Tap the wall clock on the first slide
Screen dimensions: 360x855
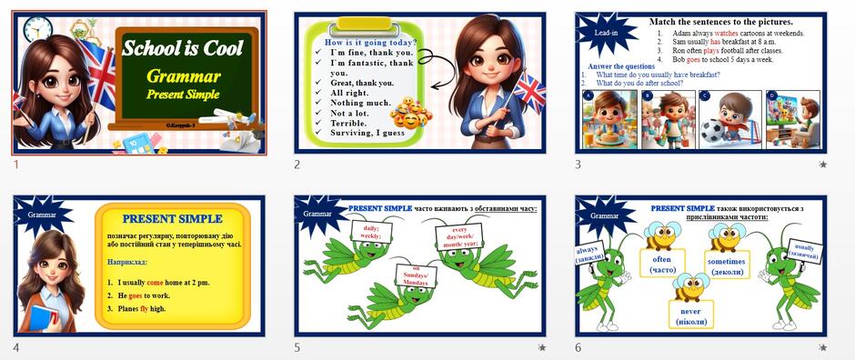pos(35,31)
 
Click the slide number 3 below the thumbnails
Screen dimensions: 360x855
pos(577,165)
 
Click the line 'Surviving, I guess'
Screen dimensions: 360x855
pos(367,133)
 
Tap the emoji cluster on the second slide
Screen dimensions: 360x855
pos(409,114)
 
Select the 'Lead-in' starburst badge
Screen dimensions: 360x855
pos(608,34)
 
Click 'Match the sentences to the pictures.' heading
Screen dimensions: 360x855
pos(720,21)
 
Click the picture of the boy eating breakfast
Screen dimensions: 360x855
pos(607,119)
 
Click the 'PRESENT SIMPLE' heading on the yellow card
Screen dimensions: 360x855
pos(172,218)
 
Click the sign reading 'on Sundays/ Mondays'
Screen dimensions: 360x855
pos(411,275)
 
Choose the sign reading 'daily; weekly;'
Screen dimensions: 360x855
pos(371,234)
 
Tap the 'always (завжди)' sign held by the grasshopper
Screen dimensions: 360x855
pos(588,255)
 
